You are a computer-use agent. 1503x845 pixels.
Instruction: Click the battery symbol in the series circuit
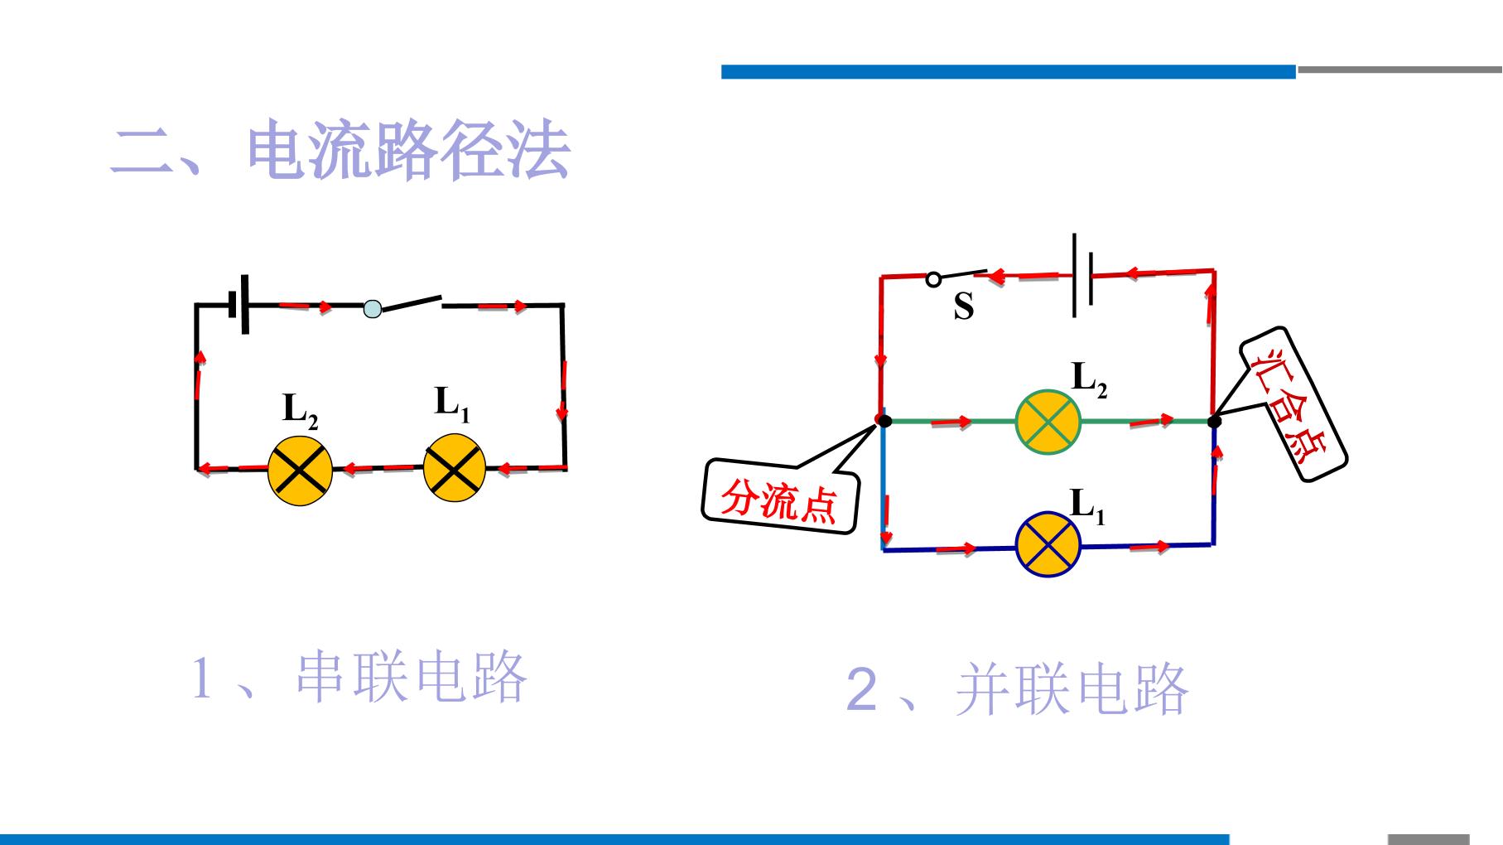(x=239, y=305)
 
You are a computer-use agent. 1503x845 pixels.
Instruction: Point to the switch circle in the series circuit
(x=373, y=309)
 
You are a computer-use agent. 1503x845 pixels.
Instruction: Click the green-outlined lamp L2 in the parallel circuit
(x=1048, y=421)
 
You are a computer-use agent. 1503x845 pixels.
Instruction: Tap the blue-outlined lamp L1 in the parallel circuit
(x=1048, y=545)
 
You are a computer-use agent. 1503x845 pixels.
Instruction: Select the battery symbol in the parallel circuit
(x=1083, y=275)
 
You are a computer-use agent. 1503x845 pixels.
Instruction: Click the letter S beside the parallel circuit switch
(x=963, y=307)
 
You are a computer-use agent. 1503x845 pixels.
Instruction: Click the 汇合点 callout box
(x=1293, y=403)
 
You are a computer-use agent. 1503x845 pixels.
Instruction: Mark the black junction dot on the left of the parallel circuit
(x=884, y=422)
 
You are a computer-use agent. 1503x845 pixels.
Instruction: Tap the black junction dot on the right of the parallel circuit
(x=1214, y=422)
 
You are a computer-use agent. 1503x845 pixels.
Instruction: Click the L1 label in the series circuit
(x=452, y=404)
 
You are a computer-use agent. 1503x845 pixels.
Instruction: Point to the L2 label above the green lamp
(x=1089, y=379)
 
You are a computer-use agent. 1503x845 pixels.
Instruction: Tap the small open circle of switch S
(x=933, y=279)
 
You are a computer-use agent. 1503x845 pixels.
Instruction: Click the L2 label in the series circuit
(x=300, y=410)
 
